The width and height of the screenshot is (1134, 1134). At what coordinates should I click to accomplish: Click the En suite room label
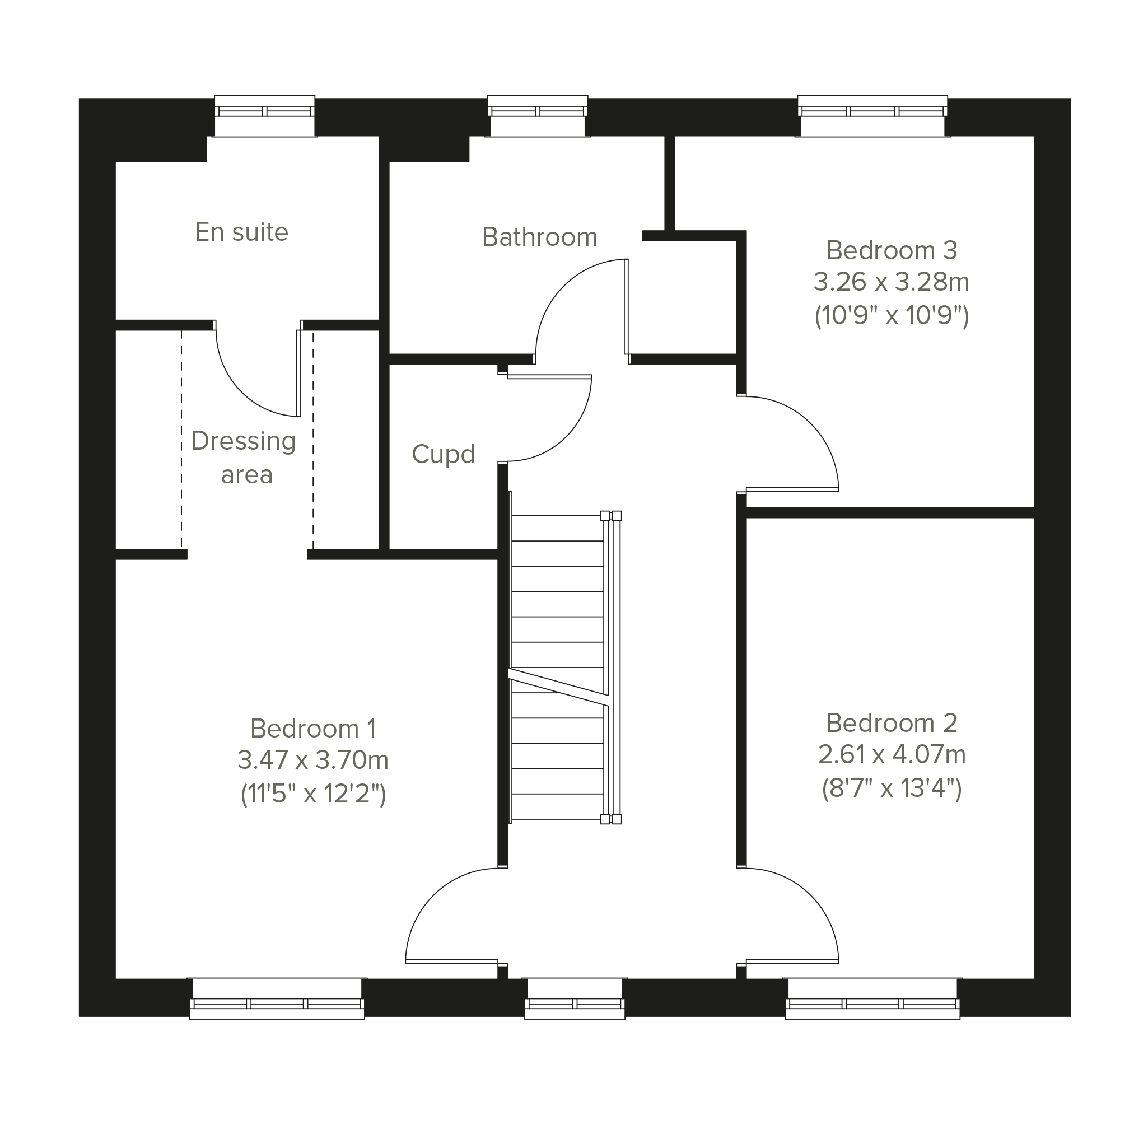(x=241, y=232)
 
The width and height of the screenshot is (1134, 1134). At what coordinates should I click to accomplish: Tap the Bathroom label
(x=539, y=237)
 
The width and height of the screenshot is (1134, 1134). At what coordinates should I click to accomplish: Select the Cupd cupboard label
(x=443, y=454)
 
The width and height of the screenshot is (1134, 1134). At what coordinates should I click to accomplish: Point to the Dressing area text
(x=244, y=457)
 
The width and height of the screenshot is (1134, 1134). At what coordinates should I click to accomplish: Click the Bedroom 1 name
(x=313, y=729)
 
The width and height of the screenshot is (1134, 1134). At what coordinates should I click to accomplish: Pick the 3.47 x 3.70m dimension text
(x=313, y=760)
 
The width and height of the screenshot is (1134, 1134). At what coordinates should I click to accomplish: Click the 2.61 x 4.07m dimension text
(x=892, y=754)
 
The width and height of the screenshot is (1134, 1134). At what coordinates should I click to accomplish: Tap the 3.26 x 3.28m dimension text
(x=891, y=282)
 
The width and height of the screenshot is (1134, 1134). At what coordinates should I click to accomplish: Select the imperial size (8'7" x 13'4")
(x=892, y=788)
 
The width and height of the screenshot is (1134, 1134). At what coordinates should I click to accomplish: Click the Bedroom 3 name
(x=892, y=251)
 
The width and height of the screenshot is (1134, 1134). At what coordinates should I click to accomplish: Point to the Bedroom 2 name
(x=892, y=723)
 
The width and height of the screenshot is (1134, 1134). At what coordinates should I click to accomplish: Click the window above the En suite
(x=264, y=115)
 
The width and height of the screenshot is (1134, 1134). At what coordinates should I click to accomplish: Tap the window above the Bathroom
(x=538, y=115)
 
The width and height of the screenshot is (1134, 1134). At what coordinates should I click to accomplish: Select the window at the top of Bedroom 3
(x=872, y=115)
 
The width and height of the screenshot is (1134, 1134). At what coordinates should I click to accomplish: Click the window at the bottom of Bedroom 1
(x=277, y=998)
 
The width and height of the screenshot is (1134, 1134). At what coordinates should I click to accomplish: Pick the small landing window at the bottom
(x=575, y=998)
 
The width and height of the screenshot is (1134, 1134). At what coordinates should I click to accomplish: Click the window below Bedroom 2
(x=872, y=998)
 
